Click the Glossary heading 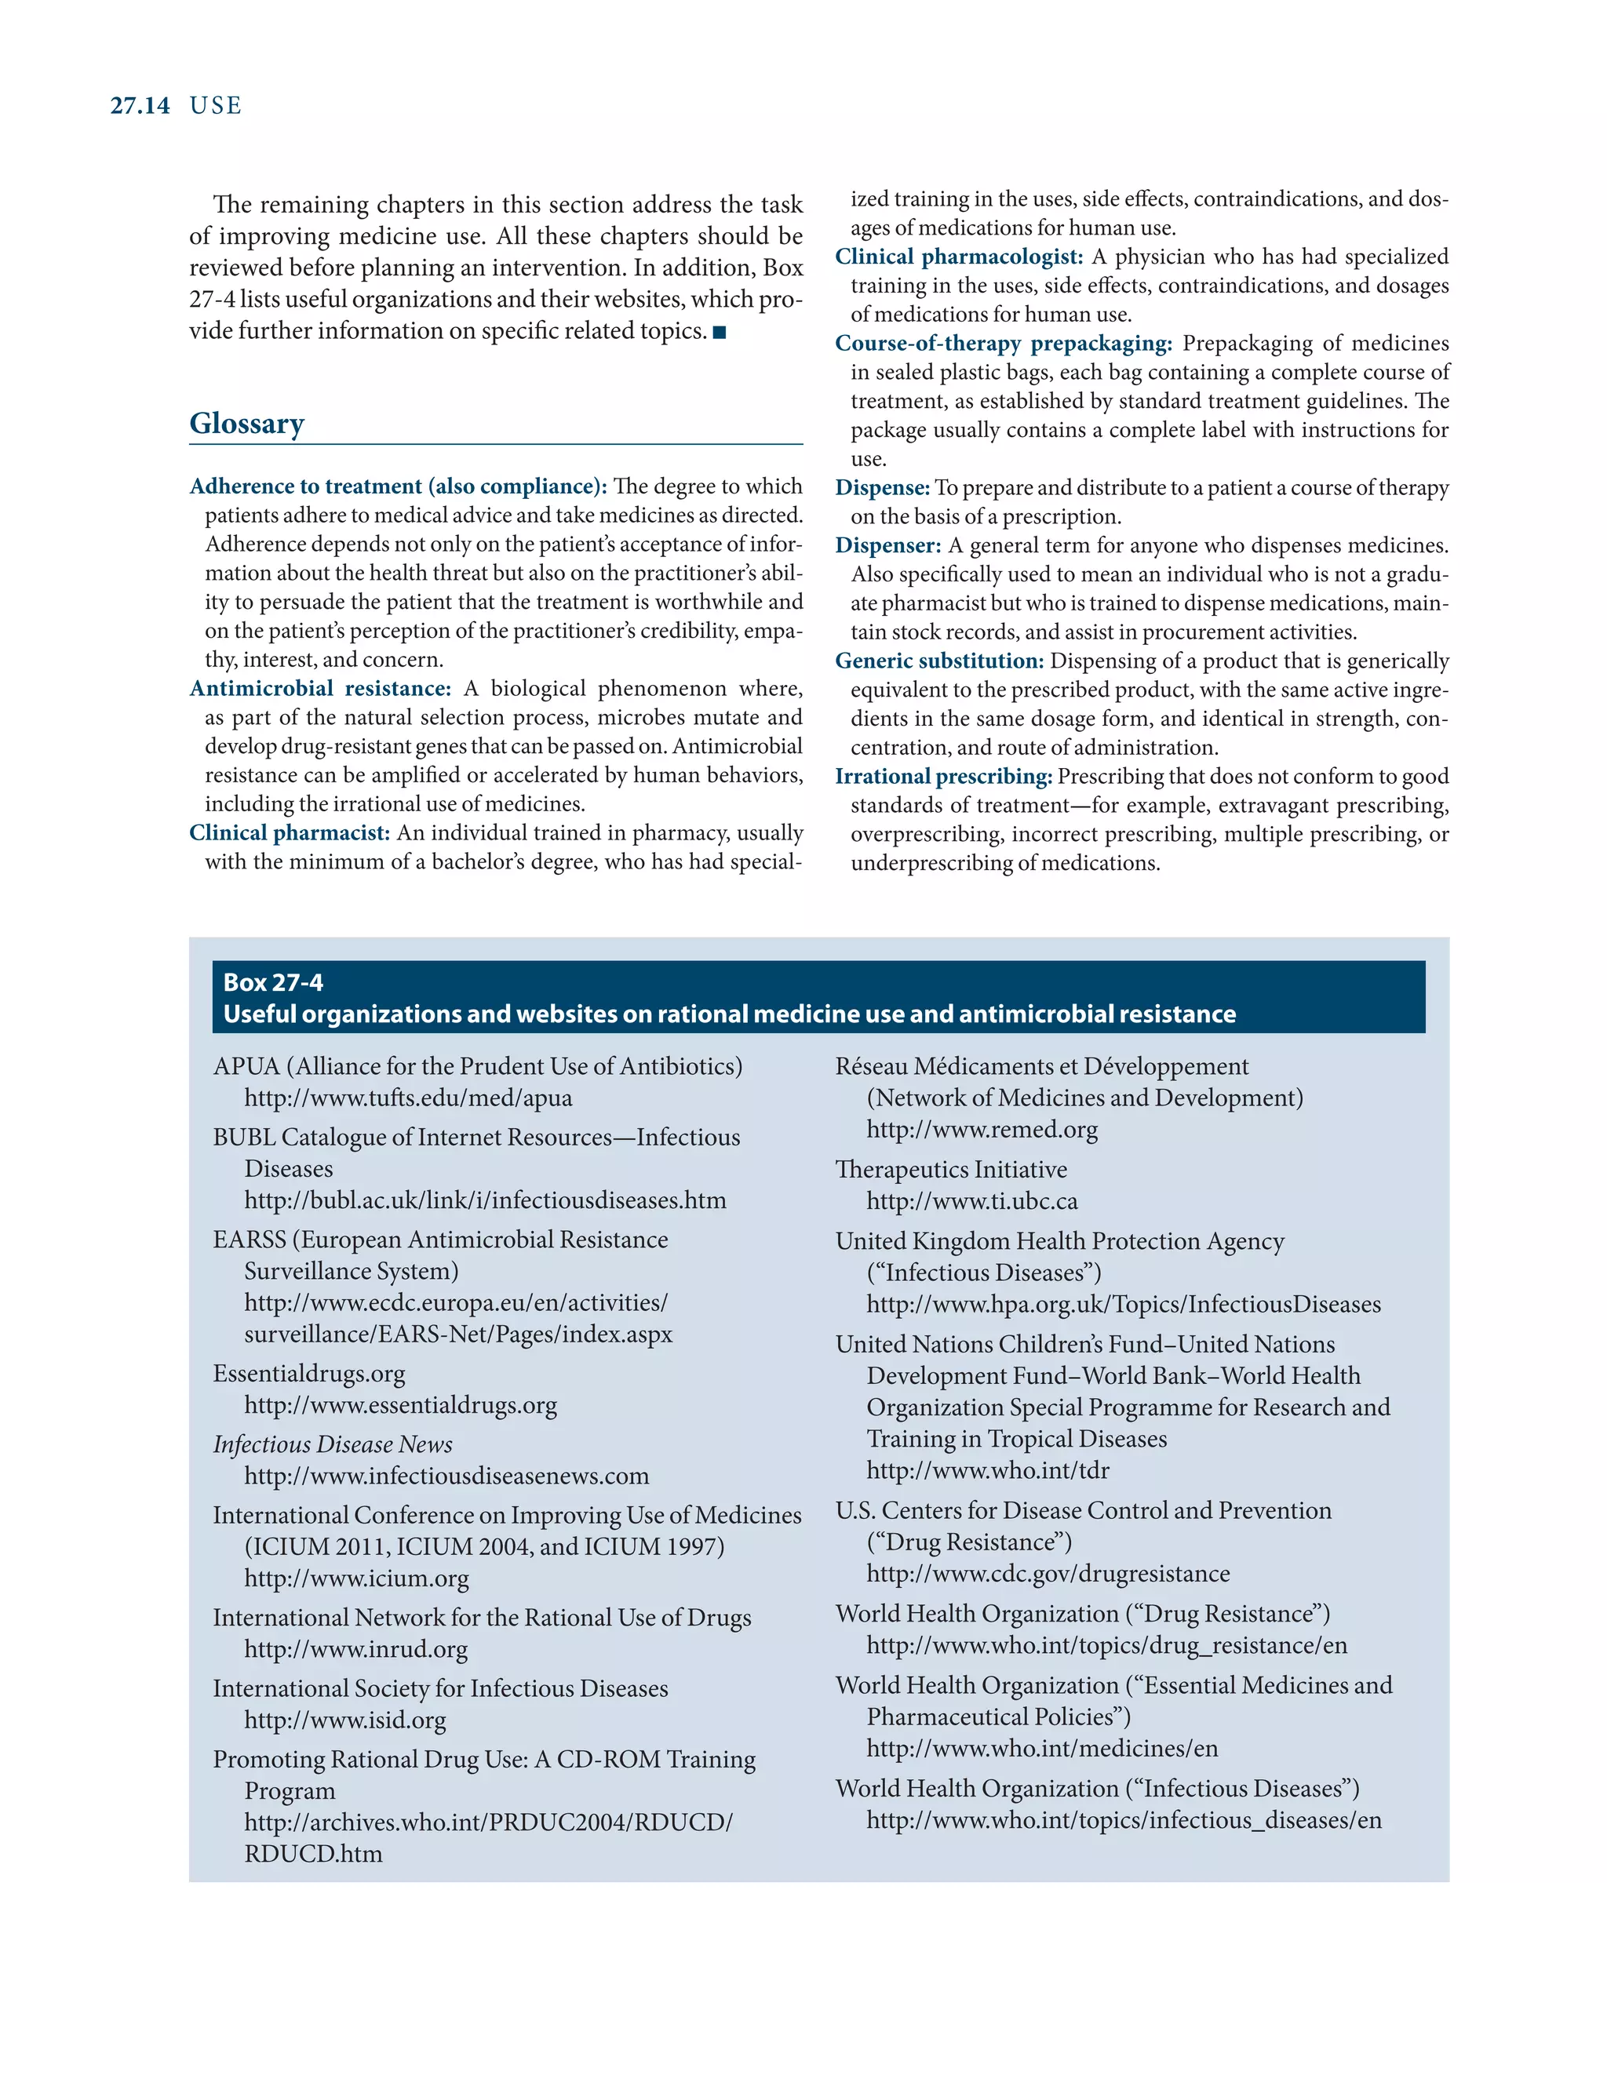coord(246,423)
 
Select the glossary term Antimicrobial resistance coord(320,688)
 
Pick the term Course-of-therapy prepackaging coord(1004,343)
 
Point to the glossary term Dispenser coord(887,545)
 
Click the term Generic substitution coord(938,661)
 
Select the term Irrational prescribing coord(943,776)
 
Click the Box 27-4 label coord(272,982)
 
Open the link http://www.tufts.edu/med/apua coord(407,1098)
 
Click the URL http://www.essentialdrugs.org coord(400,1405)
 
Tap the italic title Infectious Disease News coord(332,1444)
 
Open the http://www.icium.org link coord(356,1578)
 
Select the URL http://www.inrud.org coord(355,1649)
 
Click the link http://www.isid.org coord(344,1720)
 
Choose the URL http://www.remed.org coord(982,1129)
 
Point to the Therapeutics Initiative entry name coord(950,1169)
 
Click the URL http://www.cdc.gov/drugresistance coord(1048,1574)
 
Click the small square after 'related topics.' coord(720,332)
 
